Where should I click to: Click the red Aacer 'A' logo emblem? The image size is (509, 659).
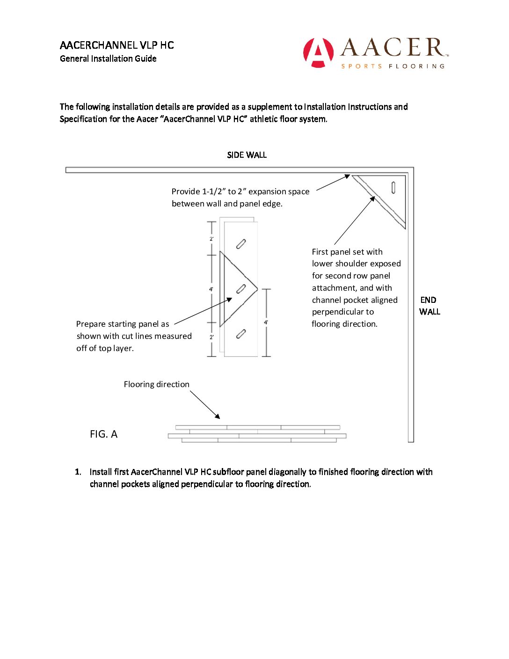pyautogui.click(x=318, y=52)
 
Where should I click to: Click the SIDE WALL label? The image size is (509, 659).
pyautogui.click(x=247, y=155)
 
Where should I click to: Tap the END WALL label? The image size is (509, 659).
pyautogui.click(x=429, y=306)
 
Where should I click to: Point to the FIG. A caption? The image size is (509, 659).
pyautogui.click(x=103, y=434)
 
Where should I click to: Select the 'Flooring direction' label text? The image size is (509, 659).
pyautogui.click(x=156, y=384)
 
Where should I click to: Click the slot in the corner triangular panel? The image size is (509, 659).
pyautogui.click(x=393, y=187)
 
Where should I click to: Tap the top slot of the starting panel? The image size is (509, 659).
pyautogui.click(x=241, y=244)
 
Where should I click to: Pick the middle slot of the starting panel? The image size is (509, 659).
pyautogui.click(x=241, y=289)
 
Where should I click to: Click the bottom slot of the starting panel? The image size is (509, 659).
pyautogui.click(x=241, y=334)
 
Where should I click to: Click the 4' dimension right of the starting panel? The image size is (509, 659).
pyautogui.click(x=266, y=322)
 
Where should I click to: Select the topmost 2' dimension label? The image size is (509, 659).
pyautogui.click(x=211, y=239)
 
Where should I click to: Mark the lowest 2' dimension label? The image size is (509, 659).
pyautogui.click(x=211, y=337)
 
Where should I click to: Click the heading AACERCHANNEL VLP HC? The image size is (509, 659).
pyautogui.click(x=116, y=45)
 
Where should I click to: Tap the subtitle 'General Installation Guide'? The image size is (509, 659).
pyautogui.click(x=108, y=59)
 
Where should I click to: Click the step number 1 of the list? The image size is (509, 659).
pyautogui.click(x=78, y=472)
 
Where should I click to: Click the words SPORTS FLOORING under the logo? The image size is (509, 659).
pyautogui.click(x=393, y=66)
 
